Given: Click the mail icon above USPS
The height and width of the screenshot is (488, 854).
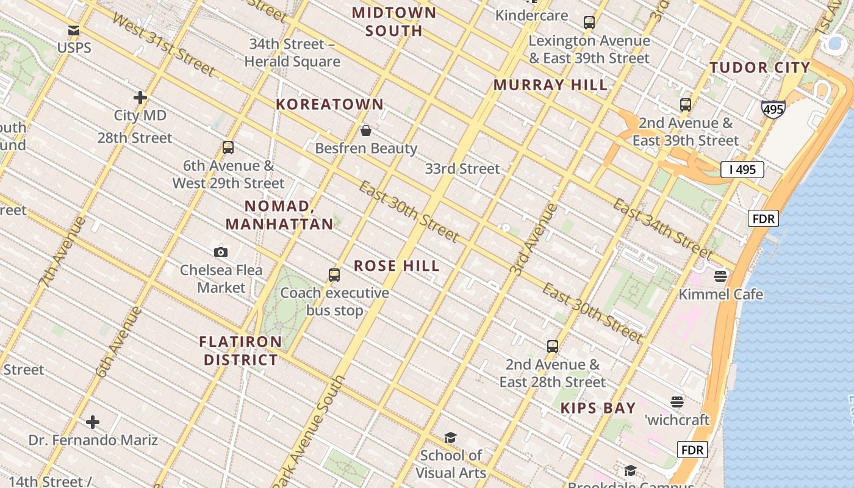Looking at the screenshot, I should click(x=74, y=30).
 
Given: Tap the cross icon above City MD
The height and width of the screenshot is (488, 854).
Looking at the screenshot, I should click(x=140, y=97).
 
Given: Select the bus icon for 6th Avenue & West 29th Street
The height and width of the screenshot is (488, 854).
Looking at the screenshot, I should click(x=228, y=147).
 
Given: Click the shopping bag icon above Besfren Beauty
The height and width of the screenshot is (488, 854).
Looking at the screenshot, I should click(x=366, y=130).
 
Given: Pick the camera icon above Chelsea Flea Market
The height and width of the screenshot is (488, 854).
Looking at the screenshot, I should click(x=221, y=251).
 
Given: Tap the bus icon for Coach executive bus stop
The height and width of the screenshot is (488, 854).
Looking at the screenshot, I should click(x=334, y=274).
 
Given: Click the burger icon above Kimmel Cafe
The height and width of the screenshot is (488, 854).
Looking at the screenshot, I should click(x=720, y=276).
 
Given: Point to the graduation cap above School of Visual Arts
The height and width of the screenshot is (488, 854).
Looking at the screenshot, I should click(x=450, y=437).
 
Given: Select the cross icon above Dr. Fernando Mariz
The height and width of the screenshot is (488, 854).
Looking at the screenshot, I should click(x=93, y=422).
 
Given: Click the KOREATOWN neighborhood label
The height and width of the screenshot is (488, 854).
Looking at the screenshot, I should click(x=330, y=104).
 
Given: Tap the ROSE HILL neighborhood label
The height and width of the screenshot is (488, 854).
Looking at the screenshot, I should click(x=397, y=266).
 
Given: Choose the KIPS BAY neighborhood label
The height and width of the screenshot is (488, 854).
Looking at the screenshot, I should click(x=598, y=408).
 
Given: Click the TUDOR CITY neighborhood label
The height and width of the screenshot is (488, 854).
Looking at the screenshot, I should click(x=759, y=68).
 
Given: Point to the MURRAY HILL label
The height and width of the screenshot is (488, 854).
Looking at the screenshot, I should click(x=550, y=85).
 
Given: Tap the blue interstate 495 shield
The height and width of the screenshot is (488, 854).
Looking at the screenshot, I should click(x=772, y=109).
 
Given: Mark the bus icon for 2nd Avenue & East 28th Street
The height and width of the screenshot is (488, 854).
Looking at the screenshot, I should click(x=553, y=346).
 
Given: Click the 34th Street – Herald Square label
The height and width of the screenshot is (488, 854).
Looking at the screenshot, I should click(x=292, y=52).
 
